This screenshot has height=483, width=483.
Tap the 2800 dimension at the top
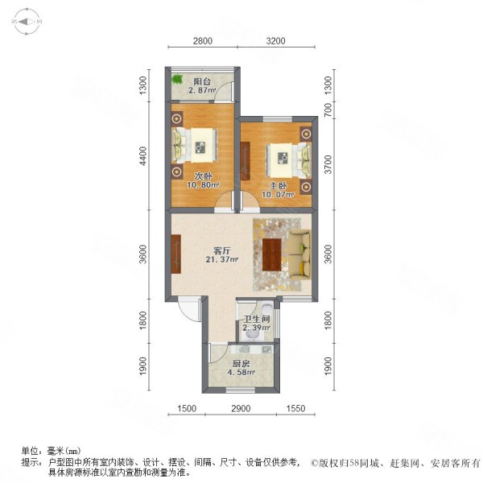(202, 42)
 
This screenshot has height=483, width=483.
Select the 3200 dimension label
(276, 42)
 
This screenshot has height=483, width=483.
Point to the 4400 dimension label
(142, 155)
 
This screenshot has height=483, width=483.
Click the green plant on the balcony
(177, 80)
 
